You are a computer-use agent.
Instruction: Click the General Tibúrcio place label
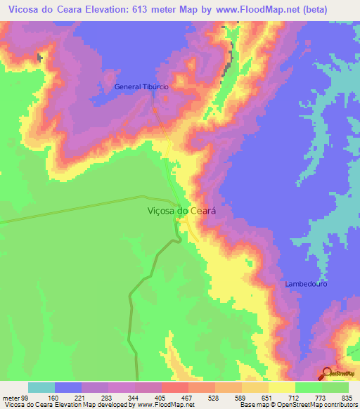(x=141, y=87)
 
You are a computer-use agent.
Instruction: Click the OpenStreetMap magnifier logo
(x=328, y=374)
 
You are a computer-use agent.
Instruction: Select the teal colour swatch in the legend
(x=41, y=387)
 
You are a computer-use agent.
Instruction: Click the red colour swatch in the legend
(x=174, y=387)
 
